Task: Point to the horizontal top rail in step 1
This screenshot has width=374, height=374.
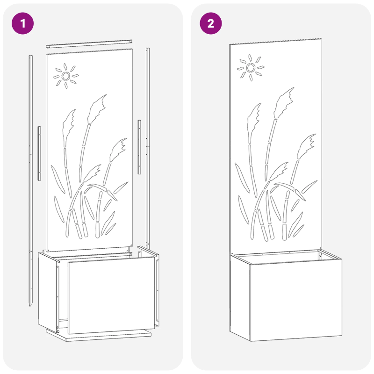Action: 89,45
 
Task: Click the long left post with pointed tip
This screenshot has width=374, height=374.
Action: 31,178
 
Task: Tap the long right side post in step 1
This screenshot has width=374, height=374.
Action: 148,140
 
